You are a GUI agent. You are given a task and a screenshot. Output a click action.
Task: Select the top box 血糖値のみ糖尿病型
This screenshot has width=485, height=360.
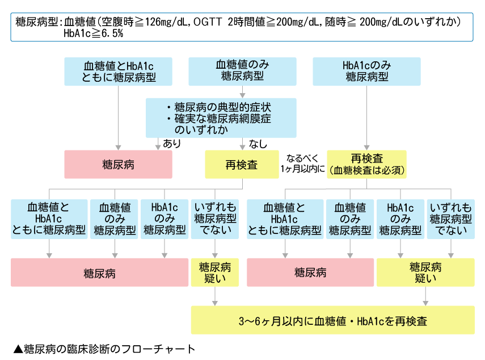pos(242,72)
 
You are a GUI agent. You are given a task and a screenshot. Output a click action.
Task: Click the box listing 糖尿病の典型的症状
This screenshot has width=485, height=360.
pos(221,118)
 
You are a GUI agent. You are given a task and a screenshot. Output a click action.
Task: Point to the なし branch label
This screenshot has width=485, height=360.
pos(258,144)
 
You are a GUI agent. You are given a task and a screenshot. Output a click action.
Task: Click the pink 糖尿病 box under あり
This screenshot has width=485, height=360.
pos(118,164)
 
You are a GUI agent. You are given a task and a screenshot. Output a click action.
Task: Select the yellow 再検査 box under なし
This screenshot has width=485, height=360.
pos(242,165)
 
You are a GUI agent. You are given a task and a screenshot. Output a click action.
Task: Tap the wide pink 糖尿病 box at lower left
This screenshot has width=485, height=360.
pos(99,273)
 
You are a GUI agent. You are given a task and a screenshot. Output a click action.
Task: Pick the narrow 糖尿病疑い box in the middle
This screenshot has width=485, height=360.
pos(215,273)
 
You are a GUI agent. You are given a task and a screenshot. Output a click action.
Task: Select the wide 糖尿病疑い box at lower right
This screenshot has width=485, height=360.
pos(425,273)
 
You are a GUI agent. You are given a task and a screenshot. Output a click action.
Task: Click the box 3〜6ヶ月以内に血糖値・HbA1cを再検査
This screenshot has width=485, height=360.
pos(333,321)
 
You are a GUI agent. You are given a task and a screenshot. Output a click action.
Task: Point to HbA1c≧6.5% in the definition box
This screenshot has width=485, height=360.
pos(94,34)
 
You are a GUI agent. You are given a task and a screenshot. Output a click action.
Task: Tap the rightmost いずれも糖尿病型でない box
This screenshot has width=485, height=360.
pos(452,219)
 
